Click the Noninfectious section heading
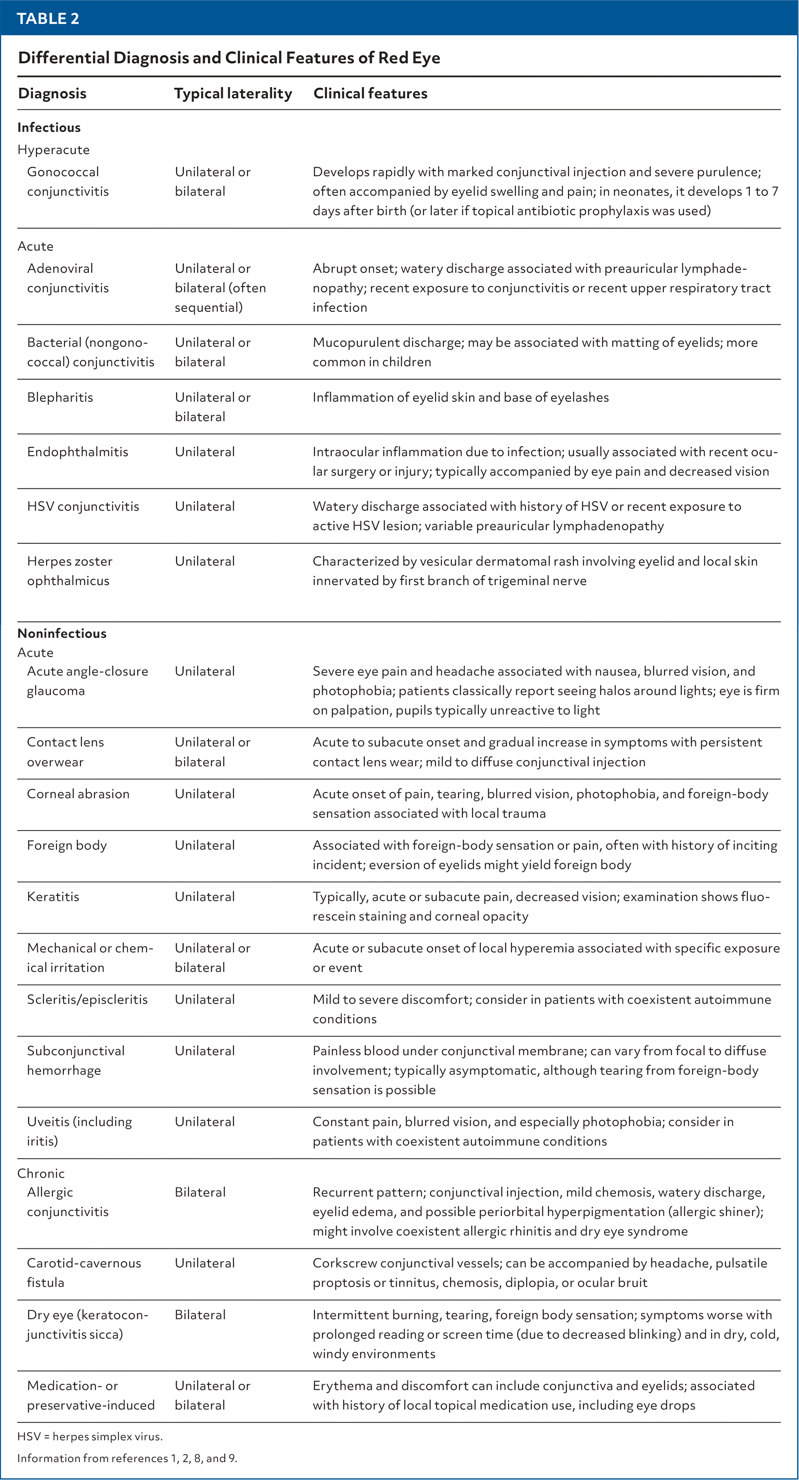(62, 633)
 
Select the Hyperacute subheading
(53, 150)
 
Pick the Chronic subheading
(41, 1173)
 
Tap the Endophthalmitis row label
(77, 452)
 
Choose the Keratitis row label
(53, 896)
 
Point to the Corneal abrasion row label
(78, 794)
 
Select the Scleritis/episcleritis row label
(87, 999)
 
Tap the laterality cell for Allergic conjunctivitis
(200, 1192)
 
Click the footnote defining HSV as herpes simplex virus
(90, 1436)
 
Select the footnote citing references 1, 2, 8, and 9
(127, 1458)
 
